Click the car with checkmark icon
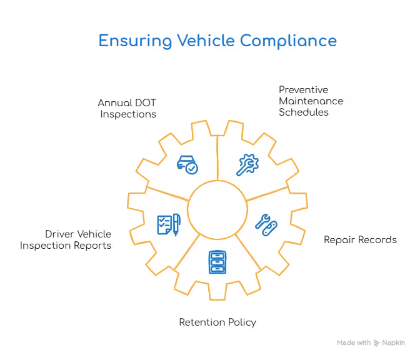[x=187, y=164]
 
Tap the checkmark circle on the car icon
[x=192, y=168]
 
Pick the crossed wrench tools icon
[x=266, y=224]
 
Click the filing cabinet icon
[x=217, y=262]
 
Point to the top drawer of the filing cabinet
[x=217, y=254]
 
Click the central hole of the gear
[x=217, y=209]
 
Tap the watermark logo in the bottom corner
[x=369, y=342]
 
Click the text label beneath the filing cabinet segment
[x=216, y=324]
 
